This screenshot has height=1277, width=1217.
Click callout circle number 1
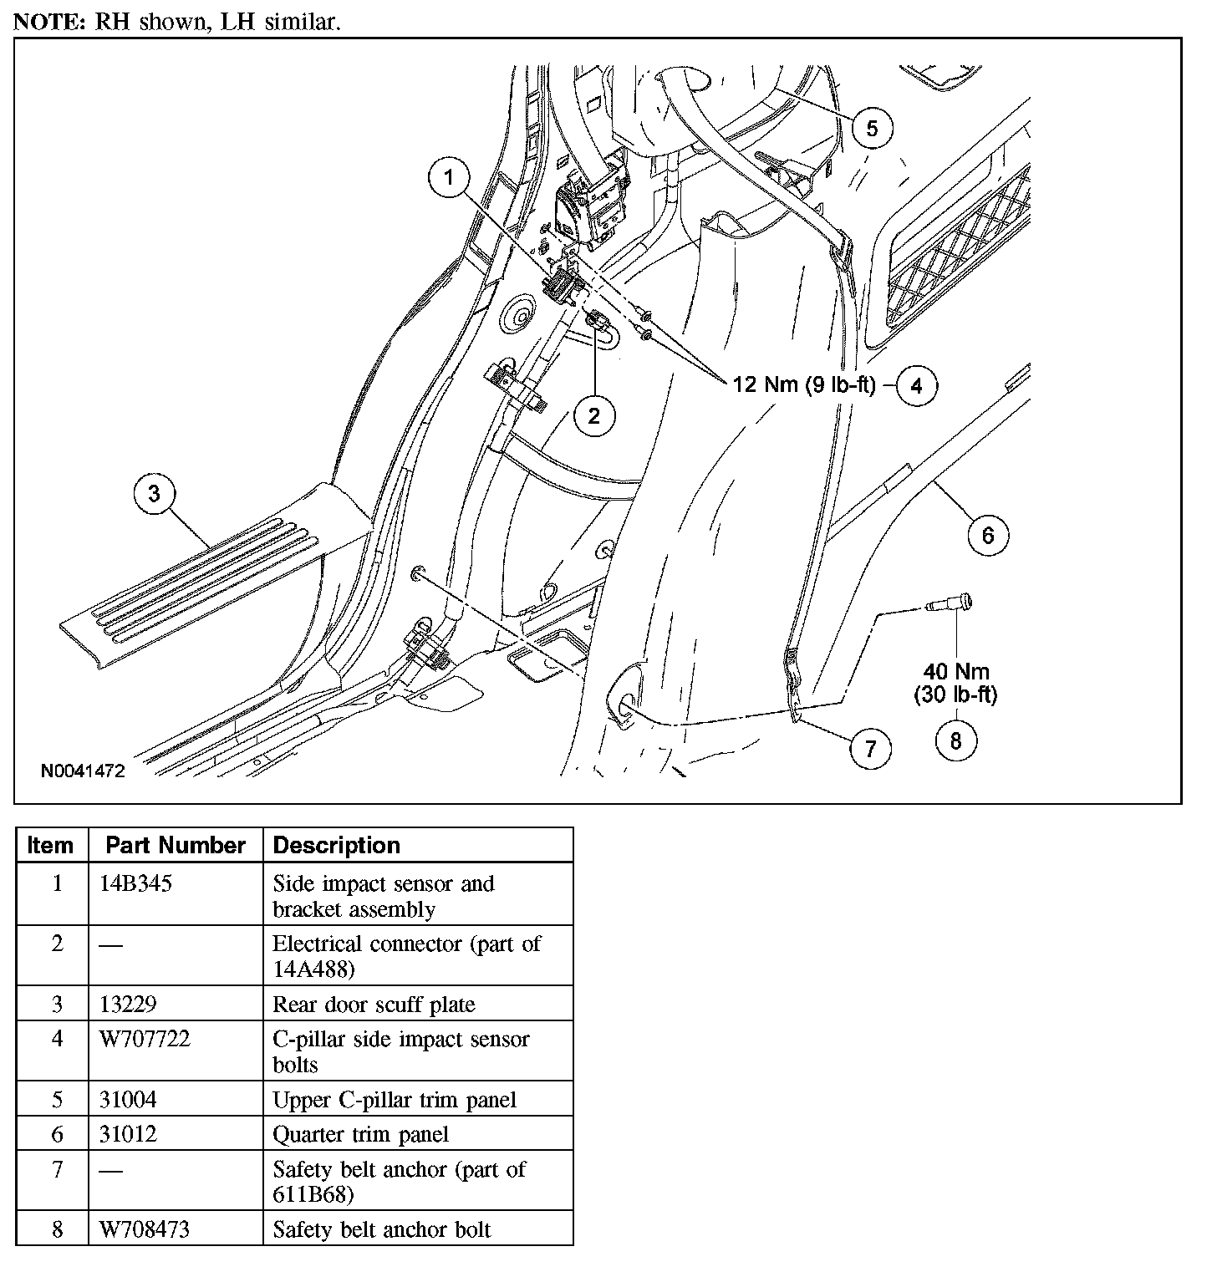point(450,177)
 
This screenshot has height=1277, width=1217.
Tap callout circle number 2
point(593,415)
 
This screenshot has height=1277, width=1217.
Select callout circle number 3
point(154,494)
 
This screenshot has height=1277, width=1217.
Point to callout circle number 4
point(916,385)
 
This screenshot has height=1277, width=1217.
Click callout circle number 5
point(872,128)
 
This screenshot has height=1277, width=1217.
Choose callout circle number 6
point(987,534)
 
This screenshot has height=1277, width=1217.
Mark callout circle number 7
point(870,748)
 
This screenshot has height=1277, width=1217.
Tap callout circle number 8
point(955,740)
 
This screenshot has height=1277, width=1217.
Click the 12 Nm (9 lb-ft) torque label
point(803,385)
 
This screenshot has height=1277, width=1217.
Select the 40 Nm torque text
point(956,671)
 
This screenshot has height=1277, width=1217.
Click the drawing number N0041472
point(83,771)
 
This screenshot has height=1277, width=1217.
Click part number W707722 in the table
point(145,1039)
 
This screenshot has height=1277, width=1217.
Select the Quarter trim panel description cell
point(360,1134)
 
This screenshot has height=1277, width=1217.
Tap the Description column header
point(336,845)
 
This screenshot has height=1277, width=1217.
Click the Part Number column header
point(176,845)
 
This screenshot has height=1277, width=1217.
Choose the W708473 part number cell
point(145,1229)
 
